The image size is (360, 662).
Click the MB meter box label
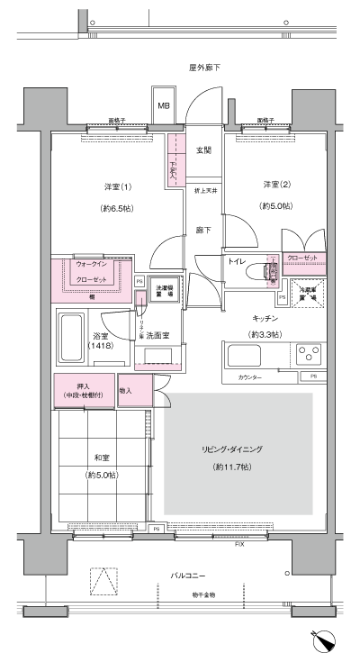point(164,105)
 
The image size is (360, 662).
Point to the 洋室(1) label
point(118,186)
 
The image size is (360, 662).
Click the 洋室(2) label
point(275,185)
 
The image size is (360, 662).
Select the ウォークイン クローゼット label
point(93,272)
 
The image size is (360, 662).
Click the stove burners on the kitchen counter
point(311,352)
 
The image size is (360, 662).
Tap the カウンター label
point(250,377)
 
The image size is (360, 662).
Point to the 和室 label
point(99,455)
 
